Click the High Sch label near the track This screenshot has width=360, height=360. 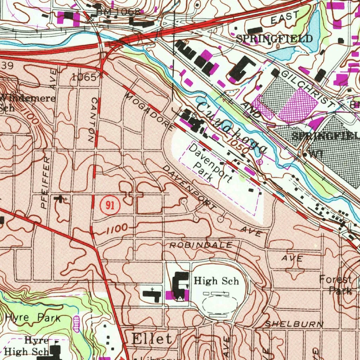[216, 281]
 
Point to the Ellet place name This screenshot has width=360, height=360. [152, 339]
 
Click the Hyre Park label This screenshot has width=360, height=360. [33, 318]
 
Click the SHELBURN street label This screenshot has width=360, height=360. [294, 324]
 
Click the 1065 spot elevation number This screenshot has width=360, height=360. [84, 77]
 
